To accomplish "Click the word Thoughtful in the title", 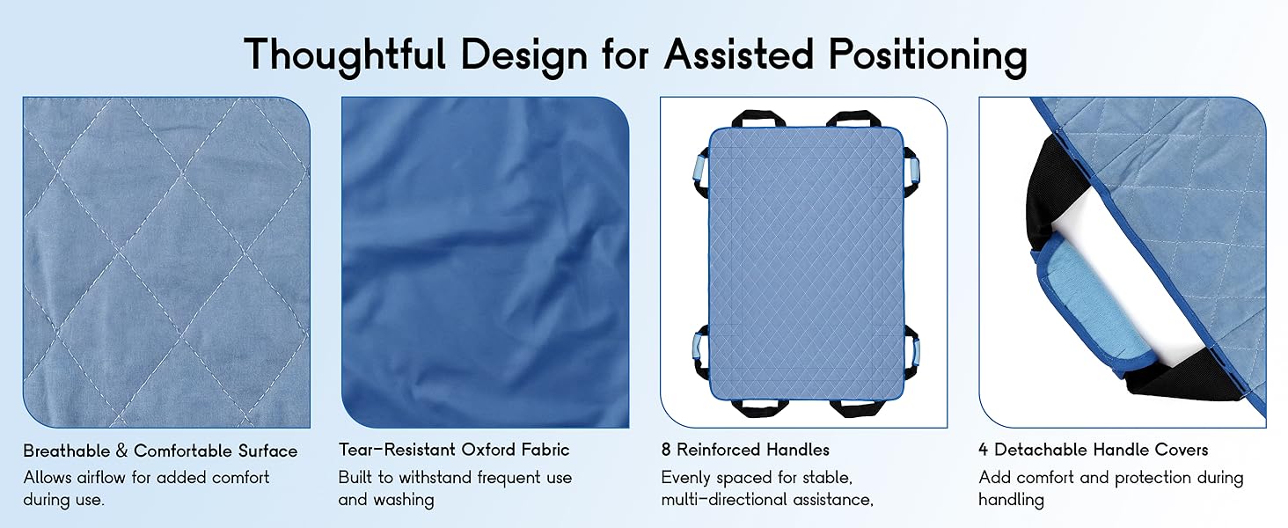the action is [345, 55].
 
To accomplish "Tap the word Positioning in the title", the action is [927, 55].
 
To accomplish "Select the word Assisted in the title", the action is [739, 54].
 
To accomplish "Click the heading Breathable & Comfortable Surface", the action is [160, 451].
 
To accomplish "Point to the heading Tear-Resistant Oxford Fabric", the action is [454, 449].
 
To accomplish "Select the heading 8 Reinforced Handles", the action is [745, 449].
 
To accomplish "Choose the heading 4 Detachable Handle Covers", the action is [1093, 449].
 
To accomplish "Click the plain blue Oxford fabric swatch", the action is [485, 262].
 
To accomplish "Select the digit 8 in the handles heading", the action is [666, 450].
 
